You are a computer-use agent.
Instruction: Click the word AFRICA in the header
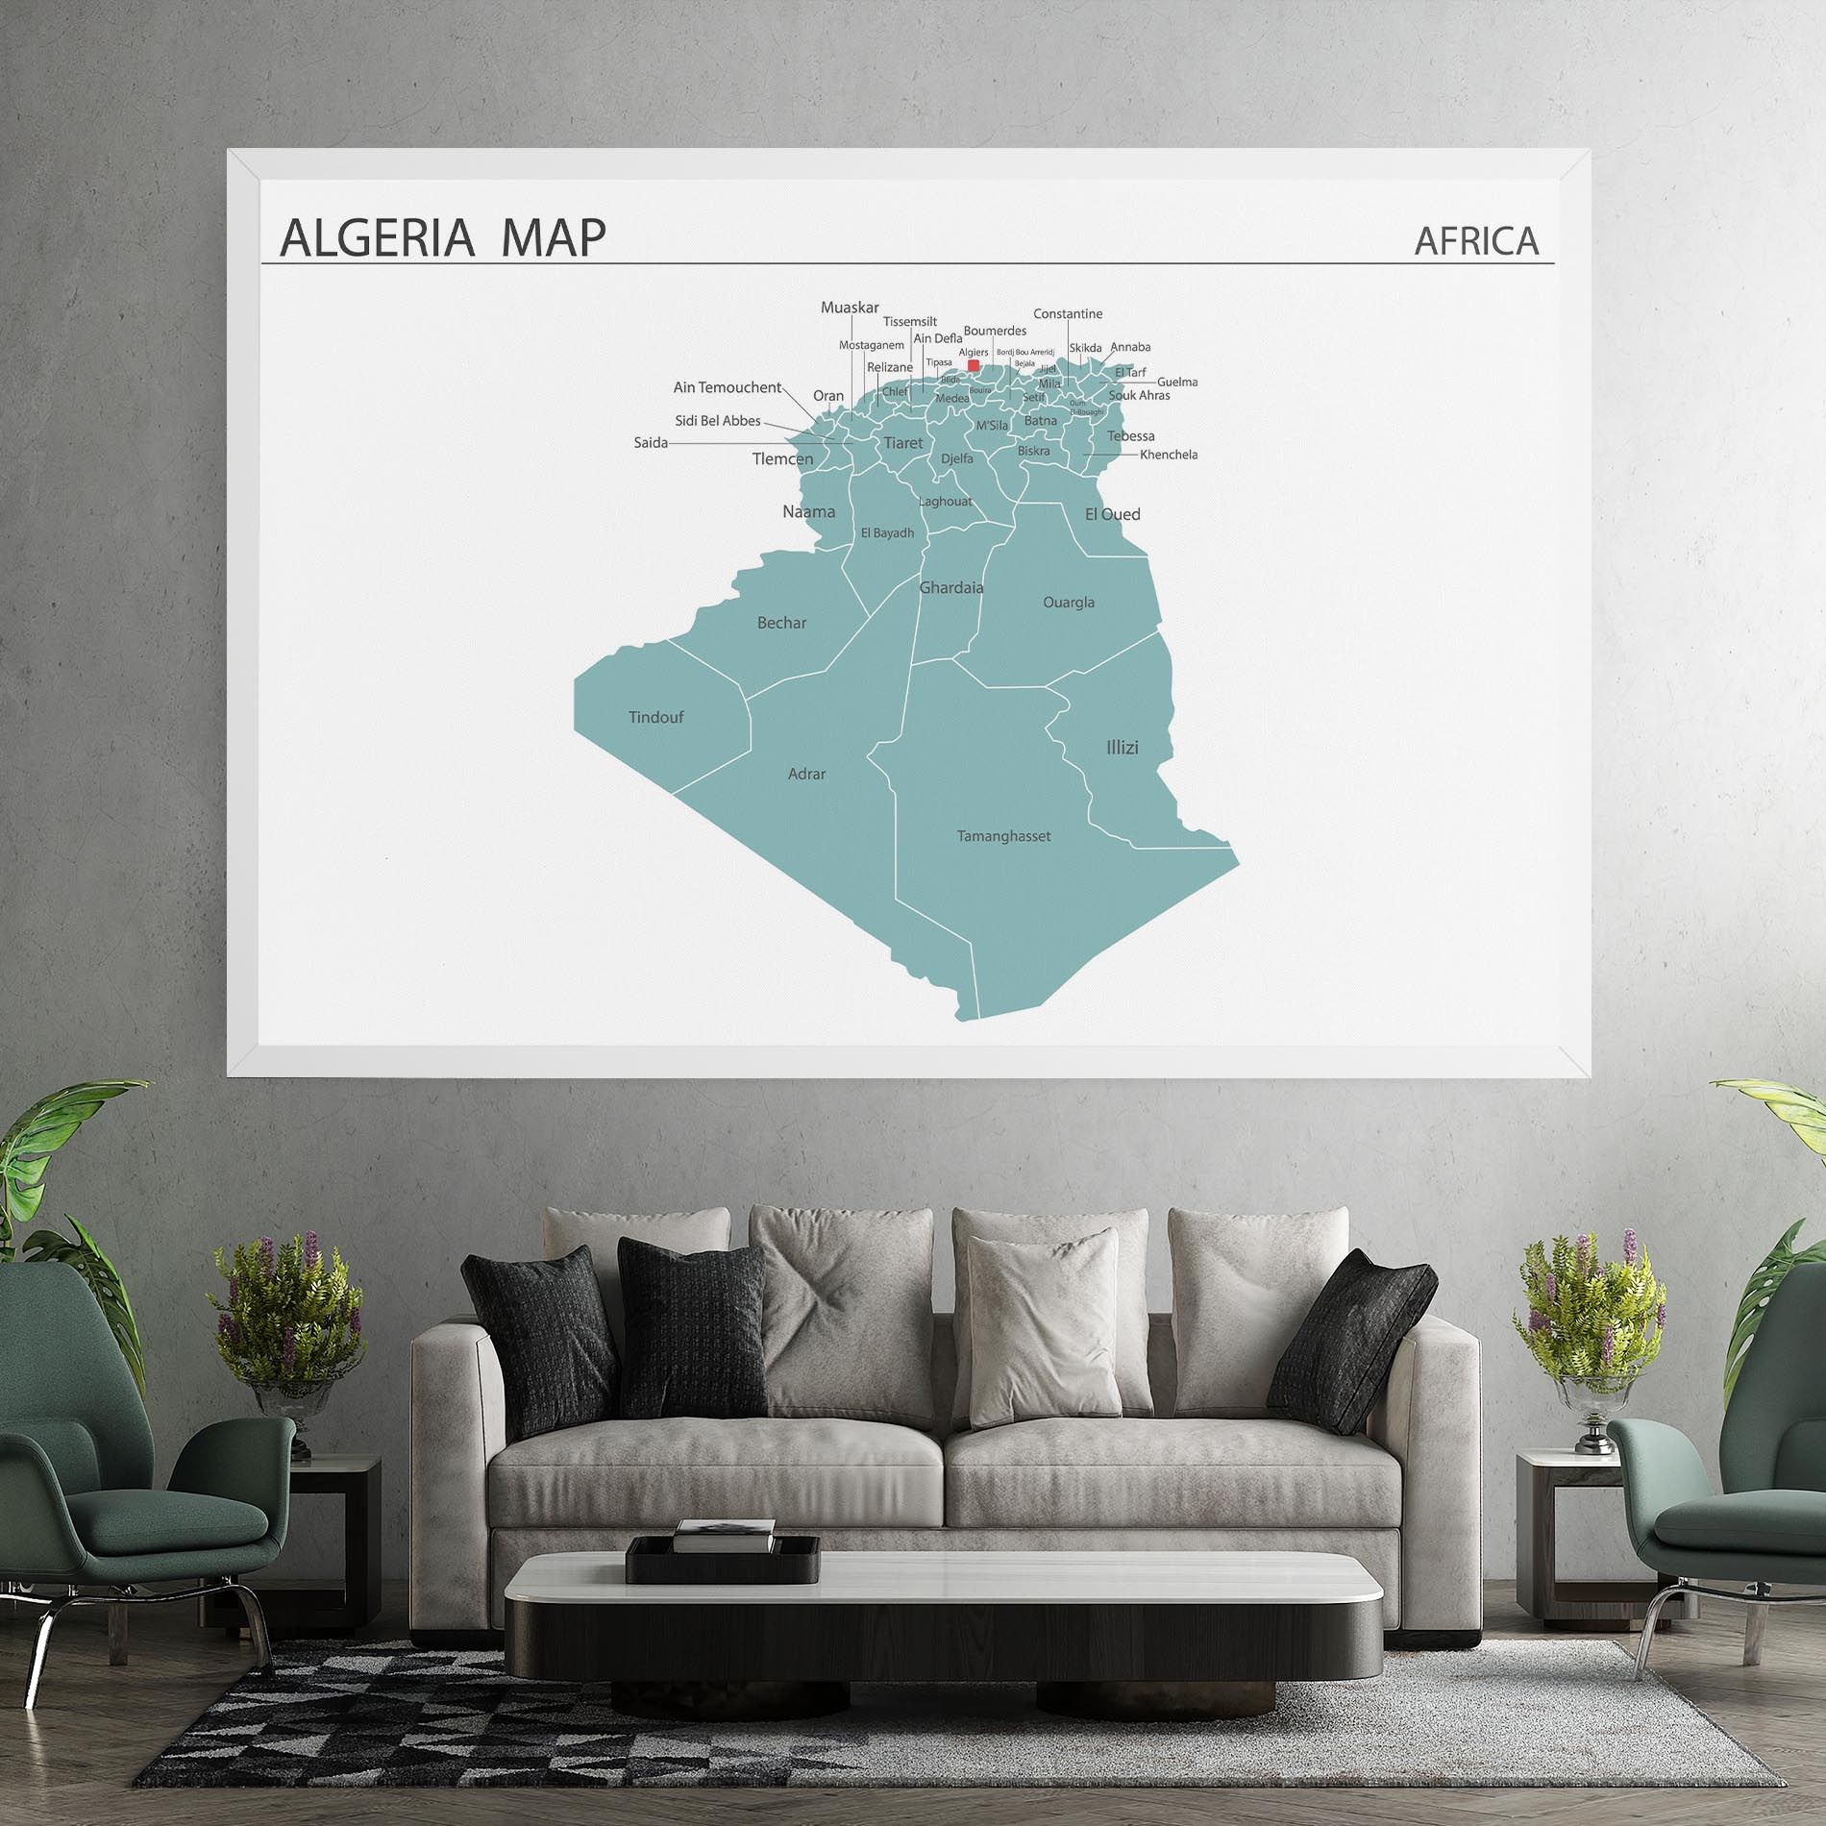[x=1476, y=240]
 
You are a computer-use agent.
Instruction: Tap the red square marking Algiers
[x=974, y=365]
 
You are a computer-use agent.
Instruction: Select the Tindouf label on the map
[x=655, y=717]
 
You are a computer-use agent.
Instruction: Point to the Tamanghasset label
[x=1003, y=836]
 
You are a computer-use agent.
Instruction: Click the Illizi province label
[x=1122, y=747]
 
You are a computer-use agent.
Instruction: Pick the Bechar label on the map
[x=781, y=623]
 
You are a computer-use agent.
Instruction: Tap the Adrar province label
[x=806, y=774]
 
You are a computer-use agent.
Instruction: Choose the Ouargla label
[x=1069, y=603]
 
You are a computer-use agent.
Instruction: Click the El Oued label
[x=1112, y=514]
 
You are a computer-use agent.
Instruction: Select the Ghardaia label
[x=951, y=587]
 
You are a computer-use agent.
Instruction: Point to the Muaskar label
[x=850, y=308]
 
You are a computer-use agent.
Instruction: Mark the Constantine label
[x=1068, y=313]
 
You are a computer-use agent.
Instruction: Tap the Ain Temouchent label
[x=727, y=387]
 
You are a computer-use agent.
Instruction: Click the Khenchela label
[x=1169, y=455]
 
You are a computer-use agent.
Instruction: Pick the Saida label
[x=651, y=443]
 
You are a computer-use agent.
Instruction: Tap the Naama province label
[x=808, y=511]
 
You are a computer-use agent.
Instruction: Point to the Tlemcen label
[x=782, y=458]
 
